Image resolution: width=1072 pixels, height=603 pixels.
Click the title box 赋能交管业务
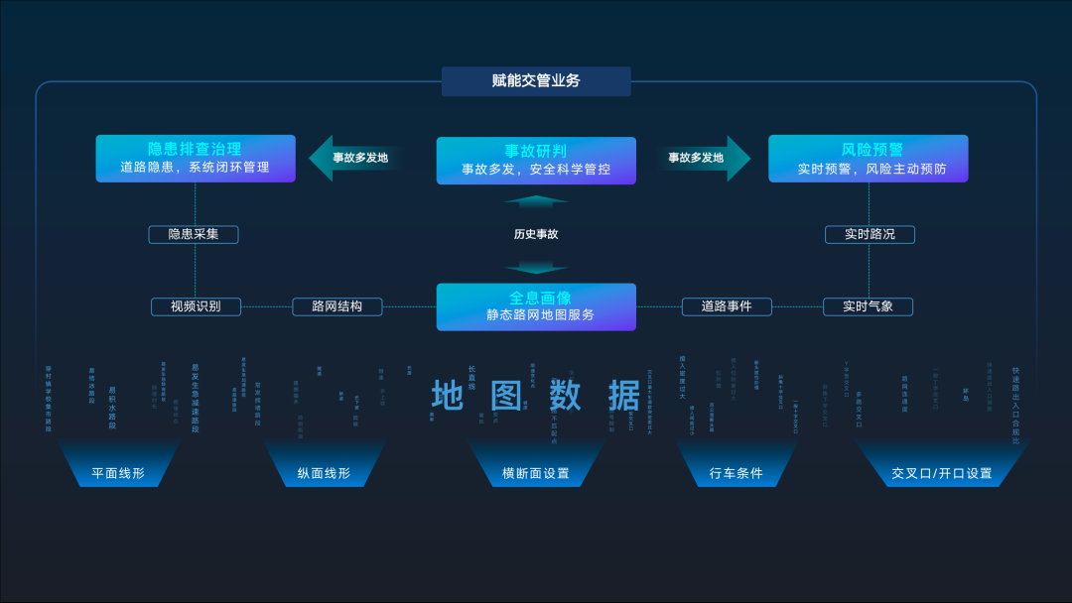[x=536, y=81]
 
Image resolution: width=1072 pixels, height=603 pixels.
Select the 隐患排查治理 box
[x=196, y=159]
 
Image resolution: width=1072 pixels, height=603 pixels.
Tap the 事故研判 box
[x=536, y=161]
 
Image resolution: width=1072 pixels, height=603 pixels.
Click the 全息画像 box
[x=536, y=306]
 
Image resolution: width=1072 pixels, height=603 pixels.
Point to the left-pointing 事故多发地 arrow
[x=355, y=158]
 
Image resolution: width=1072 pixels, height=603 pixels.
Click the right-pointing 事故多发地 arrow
[x=702, y=158]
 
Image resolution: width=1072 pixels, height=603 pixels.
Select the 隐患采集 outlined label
[x=194, y=235]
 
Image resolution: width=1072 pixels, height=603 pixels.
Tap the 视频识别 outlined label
[x=196, y=306]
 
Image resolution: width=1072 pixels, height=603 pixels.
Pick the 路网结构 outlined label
[x=337, y=306]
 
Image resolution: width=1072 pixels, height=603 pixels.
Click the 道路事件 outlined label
[x=727, y=306]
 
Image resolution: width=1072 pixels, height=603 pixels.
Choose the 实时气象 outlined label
[x=868, y=306]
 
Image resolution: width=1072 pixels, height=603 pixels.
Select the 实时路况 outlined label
[x=870, y=235]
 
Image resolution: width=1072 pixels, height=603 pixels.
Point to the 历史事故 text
[x=536, y=235]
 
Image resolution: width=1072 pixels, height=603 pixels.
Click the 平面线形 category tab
[x=118, y=473]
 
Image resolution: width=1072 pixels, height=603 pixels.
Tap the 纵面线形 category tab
[x=324, y=473]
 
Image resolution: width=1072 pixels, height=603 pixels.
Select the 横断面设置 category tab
[x=536, y=473]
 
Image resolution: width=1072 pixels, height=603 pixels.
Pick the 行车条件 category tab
[x=737, y=473]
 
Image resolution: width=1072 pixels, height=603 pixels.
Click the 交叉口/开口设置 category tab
[x=941, y=473]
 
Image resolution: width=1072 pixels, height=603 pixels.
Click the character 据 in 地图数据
[x=624, y=395]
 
